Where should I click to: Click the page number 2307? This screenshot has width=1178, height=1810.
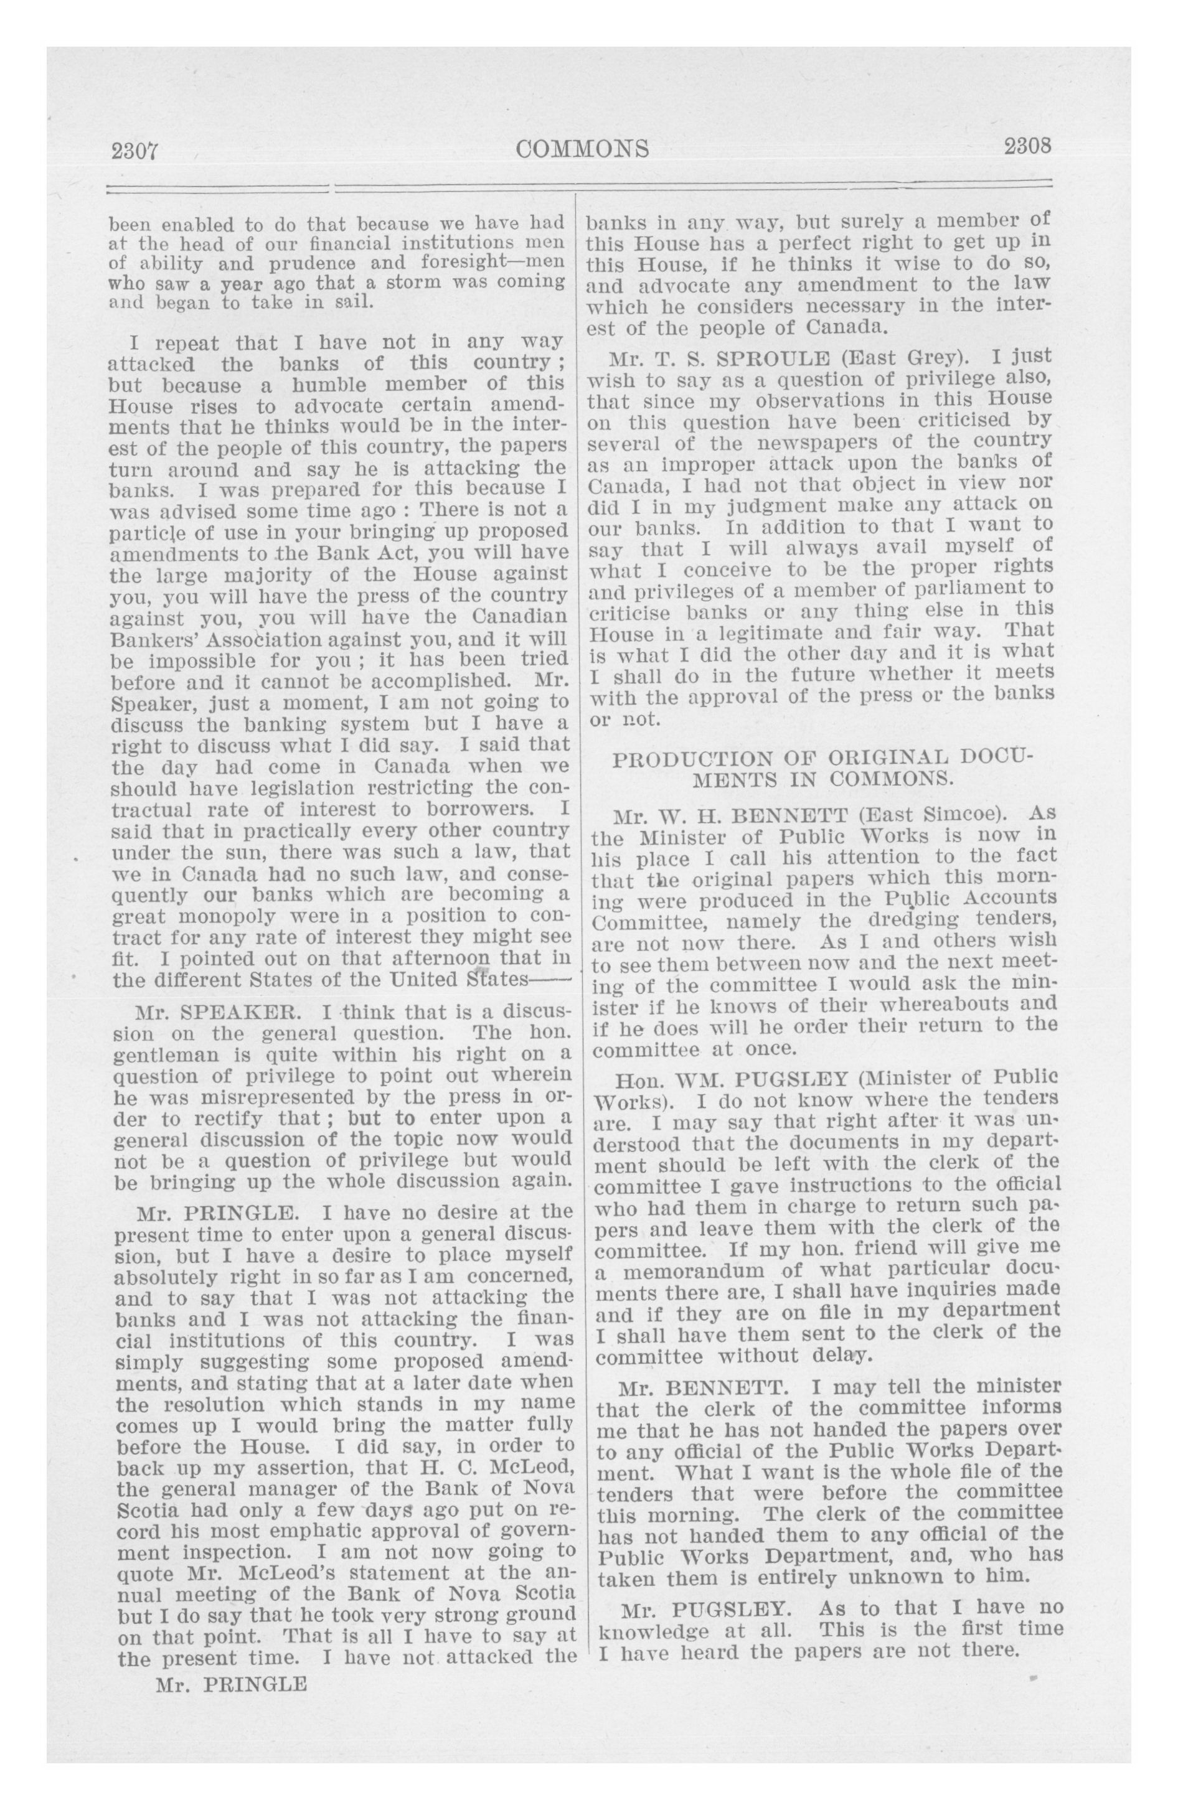(x=134, y=151)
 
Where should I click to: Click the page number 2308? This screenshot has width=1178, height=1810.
(x=1027, y=145)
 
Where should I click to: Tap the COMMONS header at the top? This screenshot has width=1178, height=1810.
(x=582, y=148)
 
